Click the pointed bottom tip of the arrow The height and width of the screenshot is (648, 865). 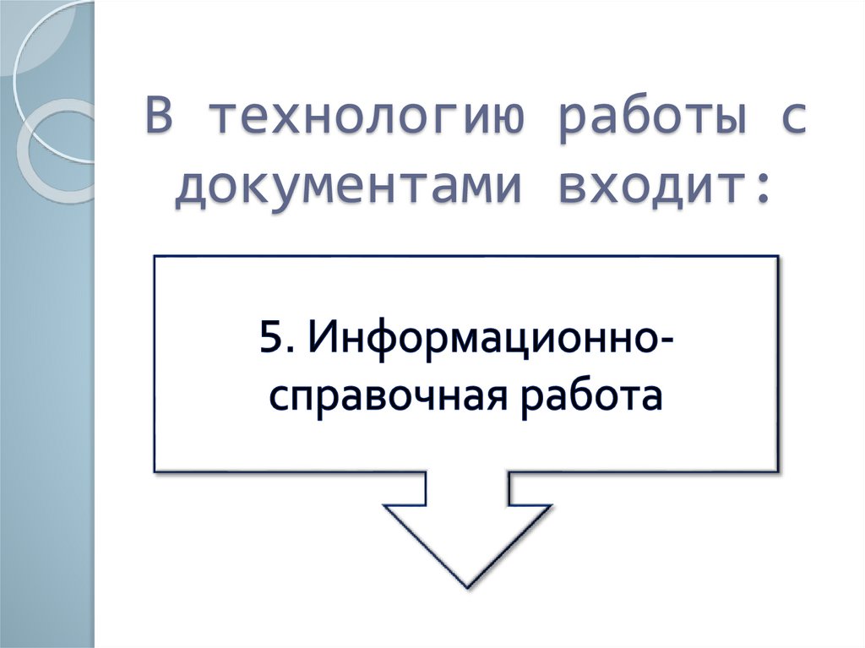[466, 586]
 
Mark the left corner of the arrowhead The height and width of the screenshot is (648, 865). [385, 507]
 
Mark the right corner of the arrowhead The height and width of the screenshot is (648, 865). [550, 507]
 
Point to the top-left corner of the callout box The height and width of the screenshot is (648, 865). [155, 257]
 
